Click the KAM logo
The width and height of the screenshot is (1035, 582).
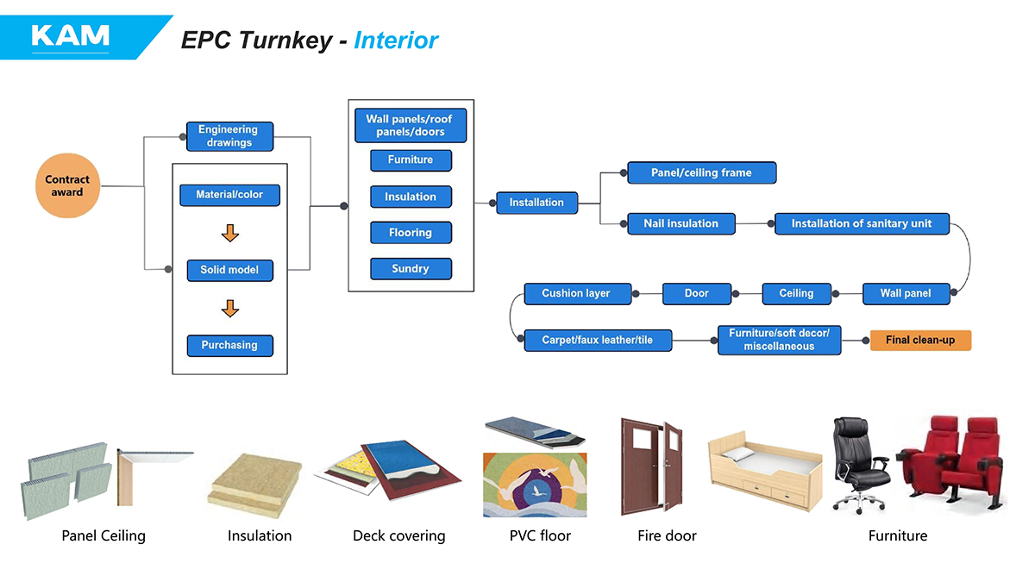click(x=70, y=35)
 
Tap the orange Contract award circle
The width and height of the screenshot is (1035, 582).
click(x=67, y=186)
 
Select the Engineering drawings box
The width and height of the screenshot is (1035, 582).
click(x=229, y=136)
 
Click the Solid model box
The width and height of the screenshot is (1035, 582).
click(x=229, y=270)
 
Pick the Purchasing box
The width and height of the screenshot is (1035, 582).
click(x=229, y=345)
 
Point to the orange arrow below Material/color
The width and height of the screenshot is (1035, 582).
click(x=229, y=233)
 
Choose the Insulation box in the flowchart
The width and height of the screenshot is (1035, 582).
click(x=411, y=197)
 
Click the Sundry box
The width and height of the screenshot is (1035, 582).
click(x=411, y=269)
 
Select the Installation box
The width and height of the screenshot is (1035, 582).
click(x=536, y=203)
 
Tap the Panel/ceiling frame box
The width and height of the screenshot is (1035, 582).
click(x=701, y=172)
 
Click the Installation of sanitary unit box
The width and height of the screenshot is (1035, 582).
click(x=862, y=223)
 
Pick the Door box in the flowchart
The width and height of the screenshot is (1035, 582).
click(x=697, y=293)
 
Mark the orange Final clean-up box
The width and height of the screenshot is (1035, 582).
click(x=920, y=341)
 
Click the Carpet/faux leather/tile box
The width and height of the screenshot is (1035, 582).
click(x=597, y=341)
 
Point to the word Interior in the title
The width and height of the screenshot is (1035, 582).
click(x=396, y=41)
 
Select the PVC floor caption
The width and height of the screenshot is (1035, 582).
click(x=540, y=535)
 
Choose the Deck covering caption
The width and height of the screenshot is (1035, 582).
click(x=398, y=535)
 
